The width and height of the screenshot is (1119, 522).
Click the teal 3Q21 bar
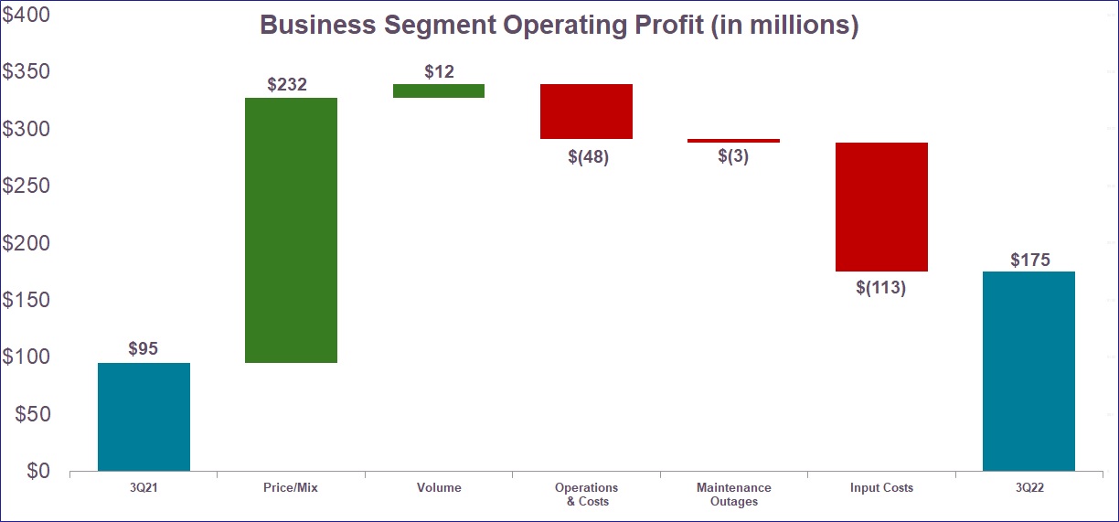144,417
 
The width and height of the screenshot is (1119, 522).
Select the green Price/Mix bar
291,230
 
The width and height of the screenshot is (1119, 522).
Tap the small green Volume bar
438,91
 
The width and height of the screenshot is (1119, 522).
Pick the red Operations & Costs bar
586,112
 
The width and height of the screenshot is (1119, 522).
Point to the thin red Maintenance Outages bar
733,141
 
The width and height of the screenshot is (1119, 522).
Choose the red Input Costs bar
881,207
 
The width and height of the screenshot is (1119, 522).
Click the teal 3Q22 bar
1028,371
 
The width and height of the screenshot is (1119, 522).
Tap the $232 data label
287,85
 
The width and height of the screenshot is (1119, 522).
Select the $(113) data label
880,288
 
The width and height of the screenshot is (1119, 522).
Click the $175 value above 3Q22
1030,260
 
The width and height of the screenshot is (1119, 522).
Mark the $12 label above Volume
439,71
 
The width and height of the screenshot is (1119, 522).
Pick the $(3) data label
732,156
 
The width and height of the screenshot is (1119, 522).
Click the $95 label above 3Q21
144,349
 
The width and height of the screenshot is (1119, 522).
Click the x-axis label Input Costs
881,488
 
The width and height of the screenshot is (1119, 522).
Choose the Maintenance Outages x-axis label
733,495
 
